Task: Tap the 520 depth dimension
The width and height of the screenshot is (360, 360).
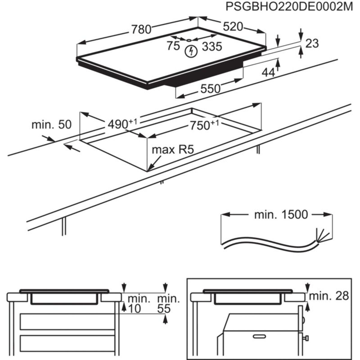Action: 232,27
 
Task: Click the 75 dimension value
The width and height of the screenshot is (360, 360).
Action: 173,46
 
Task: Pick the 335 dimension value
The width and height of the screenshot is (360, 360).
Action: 212,46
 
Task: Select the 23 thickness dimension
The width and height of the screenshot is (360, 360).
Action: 312,43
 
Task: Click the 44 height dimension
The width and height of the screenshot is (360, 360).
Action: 268,72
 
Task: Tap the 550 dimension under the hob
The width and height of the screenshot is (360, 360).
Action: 210,88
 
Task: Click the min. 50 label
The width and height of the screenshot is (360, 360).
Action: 52,124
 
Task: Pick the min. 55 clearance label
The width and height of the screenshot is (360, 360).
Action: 168,304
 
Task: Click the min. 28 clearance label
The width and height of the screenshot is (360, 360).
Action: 329,296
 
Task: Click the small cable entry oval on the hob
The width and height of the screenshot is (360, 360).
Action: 189,40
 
